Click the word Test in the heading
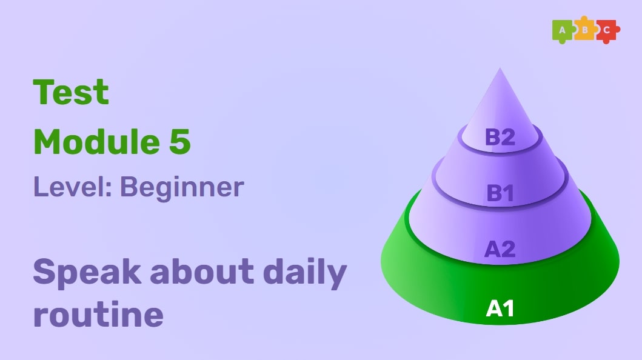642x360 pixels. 71,92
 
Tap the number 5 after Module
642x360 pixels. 180,142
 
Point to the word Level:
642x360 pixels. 72,187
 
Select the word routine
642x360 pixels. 98,315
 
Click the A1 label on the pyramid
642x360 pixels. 500,309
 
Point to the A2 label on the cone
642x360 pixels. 500,248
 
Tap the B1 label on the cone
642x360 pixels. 500,193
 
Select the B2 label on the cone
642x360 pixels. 500,138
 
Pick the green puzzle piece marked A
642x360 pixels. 563,30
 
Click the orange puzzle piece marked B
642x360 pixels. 584,30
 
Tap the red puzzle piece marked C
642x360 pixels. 607,30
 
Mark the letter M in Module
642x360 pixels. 48,142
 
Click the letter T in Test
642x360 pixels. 43,92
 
